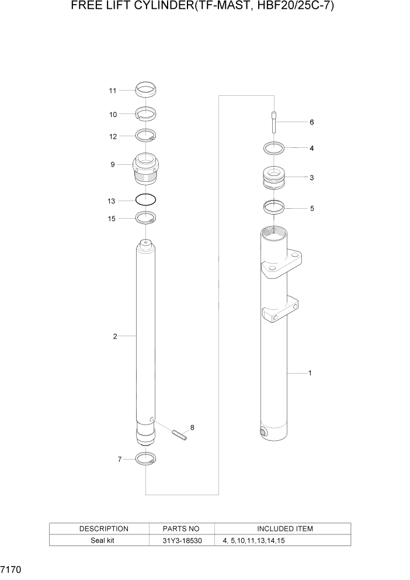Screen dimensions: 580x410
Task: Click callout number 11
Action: (x=113, y=91)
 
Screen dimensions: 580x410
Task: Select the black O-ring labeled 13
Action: (x=145, y=200)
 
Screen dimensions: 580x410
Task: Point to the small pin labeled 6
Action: (x=273, y=122)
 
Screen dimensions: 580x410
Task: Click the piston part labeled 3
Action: (x=273, y=177)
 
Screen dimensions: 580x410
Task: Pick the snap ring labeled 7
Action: (x=145, y=459)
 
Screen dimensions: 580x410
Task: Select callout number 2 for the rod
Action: (x=115, y=336)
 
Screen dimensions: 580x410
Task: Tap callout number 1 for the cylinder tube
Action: (x=310, y=372)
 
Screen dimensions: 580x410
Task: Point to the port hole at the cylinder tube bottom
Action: (x=263, y=432)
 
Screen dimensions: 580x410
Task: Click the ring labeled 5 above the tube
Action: (x=273, y=206)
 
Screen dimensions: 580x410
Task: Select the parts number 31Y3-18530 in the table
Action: (x=182, y=541)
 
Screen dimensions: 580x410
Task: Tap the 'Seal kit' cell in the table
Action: (x=103, y=541)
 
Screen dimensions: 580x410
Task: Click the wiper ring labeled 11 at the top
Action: (x=145, y=90)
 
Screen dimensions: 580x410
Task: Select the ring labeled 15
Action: (x=145, y=218)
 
